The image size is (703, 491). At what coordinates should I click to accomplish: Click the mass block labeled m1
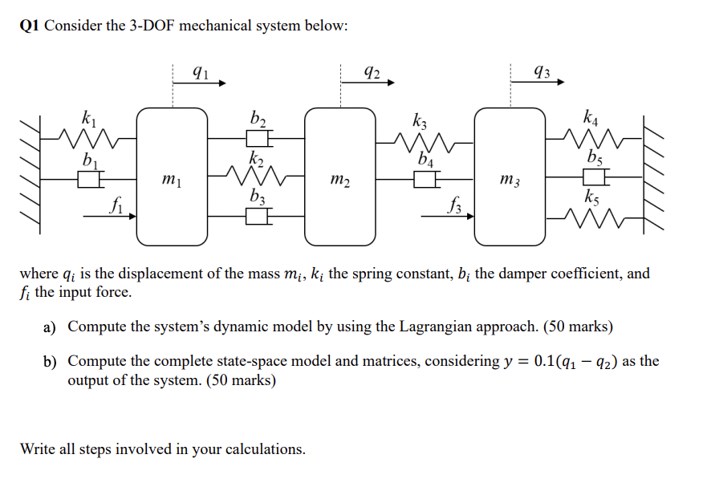[x=171, y=177]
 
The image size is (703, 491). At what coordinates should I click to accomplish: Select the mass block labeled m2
[x=340, y=177]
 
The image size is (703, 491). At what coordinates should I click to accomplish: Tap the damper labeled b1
[x=88, y=179]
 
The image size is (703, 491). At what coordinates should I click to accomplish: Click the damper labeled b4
[x=425, y=179]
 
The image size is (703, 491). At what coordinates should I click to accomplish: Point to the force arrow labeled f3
[x=449, y=216]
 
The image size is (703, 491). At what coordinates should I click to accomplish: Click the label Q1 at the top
[x=30, y=26]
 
